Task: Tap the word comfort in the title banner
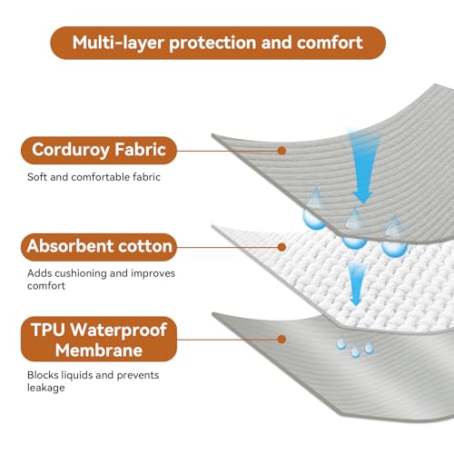pos(330,43)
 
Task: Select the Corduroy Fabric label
pos(99,151)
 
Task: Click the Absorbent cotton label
pos(99,247)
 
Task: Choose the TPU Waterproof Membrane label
pos(99,340)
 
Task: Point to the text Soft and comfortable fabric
pos(94,177)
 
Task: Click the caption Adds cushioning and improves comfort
pos(101,280)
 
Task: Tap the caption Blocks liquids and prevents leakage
pos(93,381)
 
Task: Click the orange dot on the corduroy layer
pos(281,151)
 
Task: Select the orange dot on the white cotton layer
pos(281,247)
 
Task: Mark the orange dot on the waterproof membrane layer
pos(281,340)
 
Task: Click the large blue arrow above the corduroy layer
pos(362,166)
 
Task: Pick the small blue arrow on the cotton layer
pos(356,284)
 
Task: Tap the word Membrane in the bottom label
pos(99,350)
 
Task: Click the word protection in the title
pos(212,44)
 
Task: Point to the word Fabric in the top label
pos(140,150)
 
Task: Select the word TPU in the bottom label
pos(48,330)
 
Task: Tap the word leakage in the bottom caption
pos(46,388)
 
